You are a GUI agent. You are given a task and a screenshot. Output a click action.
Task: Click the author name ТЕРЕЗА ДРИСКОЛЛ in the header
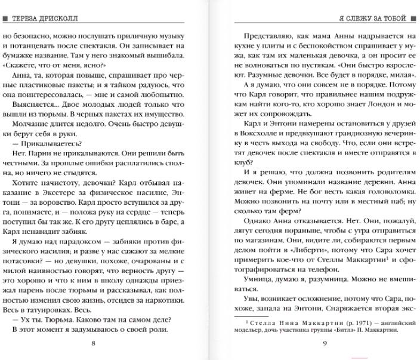click(x=45, y=19)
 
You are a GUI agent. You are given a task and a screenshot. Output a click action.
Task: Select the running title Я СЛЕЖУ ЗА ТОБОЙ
click(x=373, y=19)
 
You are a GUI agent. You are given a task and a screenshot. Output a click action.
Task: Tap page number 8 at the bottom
click(x=93, y=343)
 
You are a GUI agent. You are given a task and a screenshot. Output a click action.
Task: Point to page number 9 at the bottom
click(x=325, y=343)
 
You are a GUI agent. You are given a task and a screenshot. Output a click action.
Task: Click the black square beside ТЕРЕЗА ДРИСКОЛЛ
click(x=5, y=19)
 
